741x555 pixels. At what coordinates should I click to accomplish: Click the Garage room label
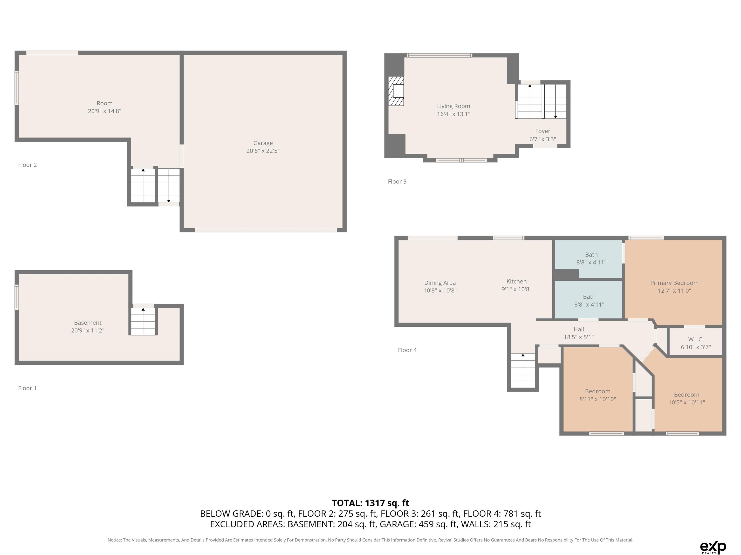pyautogui.click(x=263, y=143)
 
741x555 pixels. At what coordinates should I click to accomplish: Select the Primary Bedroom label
pyautogui.click(x=674, y=283)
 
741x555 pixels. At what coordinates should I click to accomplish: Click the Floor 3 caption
pyautogui.click(x=397, y=182)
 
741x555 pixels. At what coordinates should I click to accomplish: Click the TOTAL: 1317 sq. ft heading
pyautogui.click(x=370, y=503)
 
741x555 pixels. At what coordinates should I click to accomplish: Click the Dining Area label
pyautogui.click(x=440, y=283)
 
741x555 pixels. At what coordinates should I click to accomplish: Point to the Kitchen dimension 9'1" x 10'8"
pyautogui.click(x=517, y=289)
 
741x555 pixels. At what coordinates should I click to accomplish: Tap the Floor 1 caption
pyautogui.click(x=27, y=388)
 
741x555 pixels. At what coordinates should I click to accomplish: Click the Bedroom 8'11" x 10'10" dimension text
pyautogui.click(x=598, y=399)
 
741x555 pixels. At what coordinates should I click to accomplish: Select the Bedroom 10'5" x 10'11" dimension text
pyautogui.click(x=687, y=403)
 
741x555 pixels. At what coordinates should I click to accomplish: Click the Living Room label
pyautogui.click(x=453, y=106)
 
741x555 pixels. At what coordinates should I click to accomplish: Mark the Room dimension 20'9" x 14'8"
pyautogui.click(x=104, y=111)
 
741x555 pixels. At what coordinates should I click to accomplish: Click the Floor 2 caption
pyautogui.click(x=27, y=165)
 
